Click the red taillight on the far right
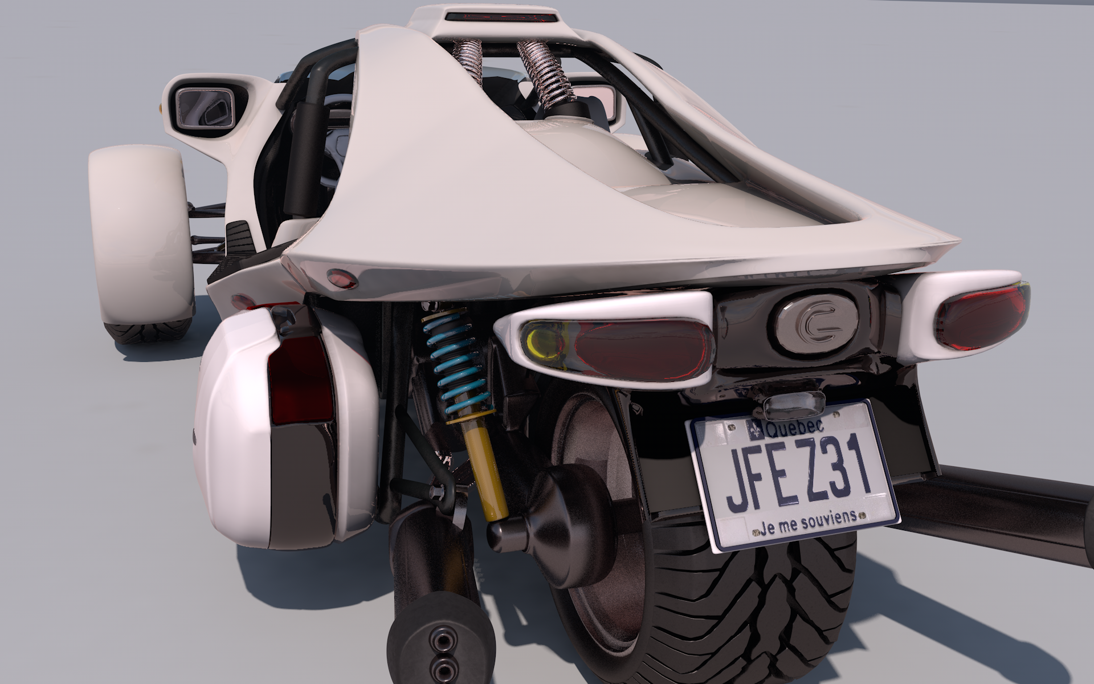[x=981, y=316]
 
